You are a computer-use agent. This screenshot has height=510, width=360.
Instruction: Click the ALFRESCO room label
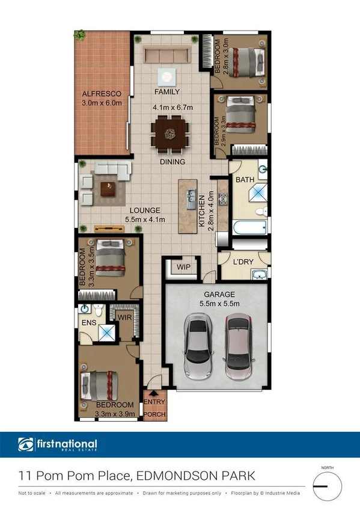(102, 94)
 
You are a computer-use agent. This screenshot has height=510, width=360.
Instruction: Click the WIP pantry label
(183, 267)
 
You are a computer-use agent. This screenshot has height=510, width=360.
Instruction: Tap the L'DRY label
(243, 262)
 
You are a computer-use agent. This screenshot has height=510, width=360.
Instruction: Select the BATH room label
(245, 180)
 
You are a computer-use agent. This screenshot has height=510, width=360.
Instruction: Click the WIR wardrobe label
(125, 316)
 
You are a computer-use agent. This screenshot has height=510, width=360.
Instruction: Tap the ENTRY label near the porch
(154, 402)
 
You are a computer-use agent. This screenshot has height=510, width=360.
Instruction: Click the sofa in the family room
(166, 55)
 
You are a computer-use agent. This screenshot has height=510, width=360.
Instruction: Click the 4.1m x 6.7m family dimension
(172, 108)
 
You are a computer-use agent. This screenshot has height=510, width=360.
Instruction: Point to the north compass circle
(328, 484)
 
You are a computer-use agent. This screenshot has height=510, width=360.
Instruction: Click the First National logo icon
(26, 446)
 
